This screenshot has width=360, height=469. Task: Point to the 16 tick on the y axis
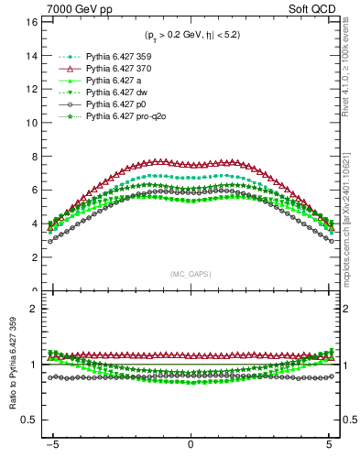click(x=31, y=21)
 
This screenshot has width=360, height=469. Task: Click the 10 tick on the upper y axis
click(x=31, y=122)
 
